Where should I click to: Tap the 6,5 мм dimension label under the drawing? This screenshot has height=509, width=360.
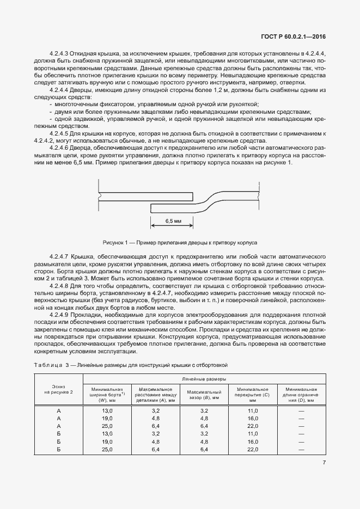[x=172, y=222]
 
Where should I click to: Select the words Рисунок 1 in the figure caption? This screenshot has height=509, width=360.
[x=115, y=242]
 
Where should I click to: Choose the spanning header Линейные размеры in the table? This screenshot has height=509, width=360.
[x=205, y=378]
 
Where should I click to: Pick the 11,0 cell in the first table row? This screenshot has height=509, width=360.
[x=252, y=410]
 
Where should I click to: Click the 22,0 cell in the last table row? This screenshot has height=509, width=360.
[x=252, y=450]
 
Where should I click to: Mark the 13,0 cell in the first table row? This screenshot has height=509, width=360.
[x=107, y=410]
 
